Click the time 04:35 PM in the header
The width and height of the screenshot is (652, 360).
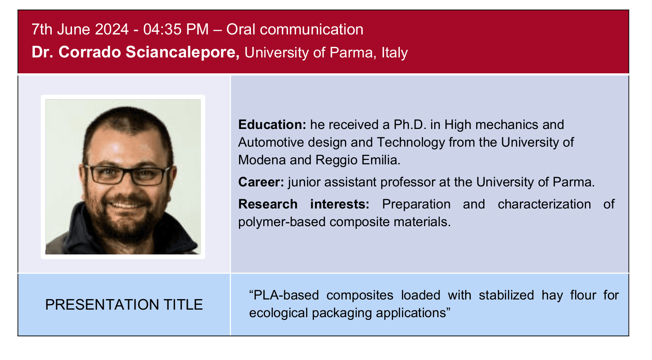[176, 30]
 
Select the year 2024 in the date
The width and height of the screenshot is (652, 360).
[112, 30]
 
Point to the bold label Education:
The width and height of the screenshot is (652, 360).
[272, 125]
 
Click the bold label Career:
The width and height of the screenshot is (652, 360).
[261, 182]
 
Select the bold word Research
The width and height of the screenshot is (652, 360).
[268, 204]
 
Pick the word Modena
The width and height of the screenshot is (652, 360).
[262, 160]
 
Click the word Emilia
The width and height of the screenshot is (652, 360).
[381, 160]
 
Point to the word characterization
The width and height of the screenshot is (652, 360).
[544, 204]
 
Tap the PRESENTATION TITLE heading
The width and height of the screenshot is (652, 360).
[124, 305]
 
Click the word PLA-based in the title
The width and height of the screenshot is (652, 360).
[286, 295]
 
